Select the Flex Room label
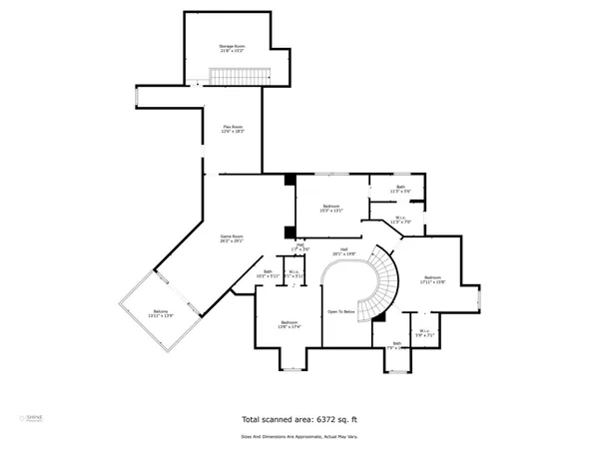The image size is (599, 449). (233, 128)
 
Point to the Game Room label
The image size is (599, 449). (233, 238)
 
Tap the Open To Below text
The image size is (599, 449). (341, 312)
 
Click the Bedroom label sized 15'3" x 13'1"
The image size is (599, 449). (330, 209)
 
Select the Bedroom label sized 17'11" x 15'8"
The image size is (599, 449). (430, 279)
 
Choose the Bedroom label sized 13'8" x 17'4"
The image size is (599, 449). (290, 324)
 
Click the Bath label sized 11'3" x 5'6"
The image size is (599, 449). (400, 189)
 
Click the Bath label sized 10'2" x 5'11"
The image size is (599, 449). (268, 274)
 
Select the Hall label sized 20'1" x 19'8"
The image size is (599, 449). (343, 251)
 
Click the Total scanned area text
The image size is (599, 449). (299, 420)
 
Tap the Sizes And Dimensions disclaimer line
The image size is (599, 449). (299, 435)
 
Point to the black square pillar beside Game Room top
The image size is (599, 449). (290, 180)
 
